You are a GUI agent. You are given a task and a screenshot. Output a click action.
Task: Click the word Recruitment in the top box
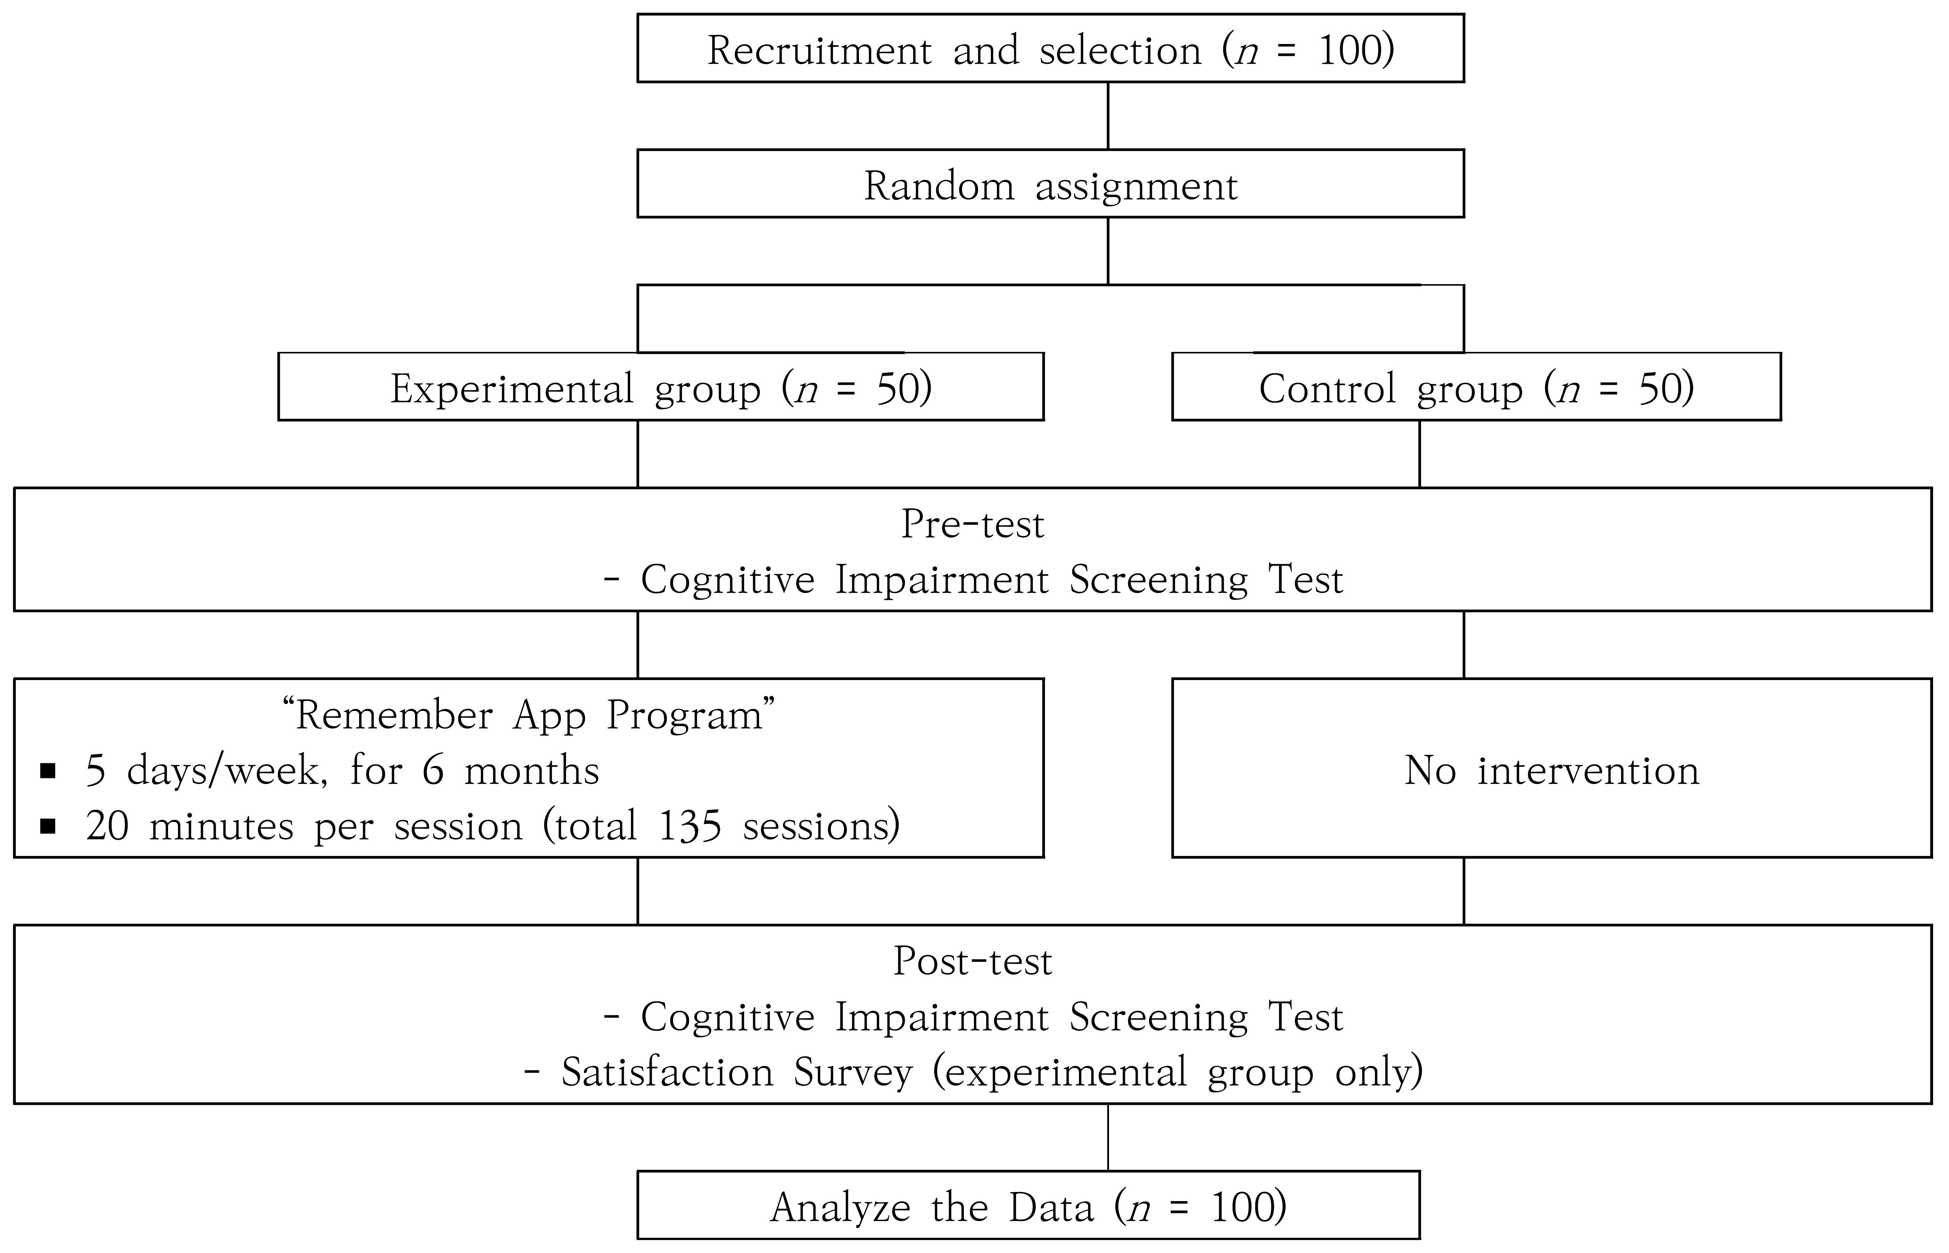coord(819,50)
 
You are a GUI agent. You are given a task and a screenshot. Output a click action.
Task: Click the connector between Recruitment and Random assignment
coord(1108,116)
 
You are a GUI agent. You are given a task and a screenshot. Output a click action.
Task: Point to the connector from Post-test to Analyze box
coord(1108,1136)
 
